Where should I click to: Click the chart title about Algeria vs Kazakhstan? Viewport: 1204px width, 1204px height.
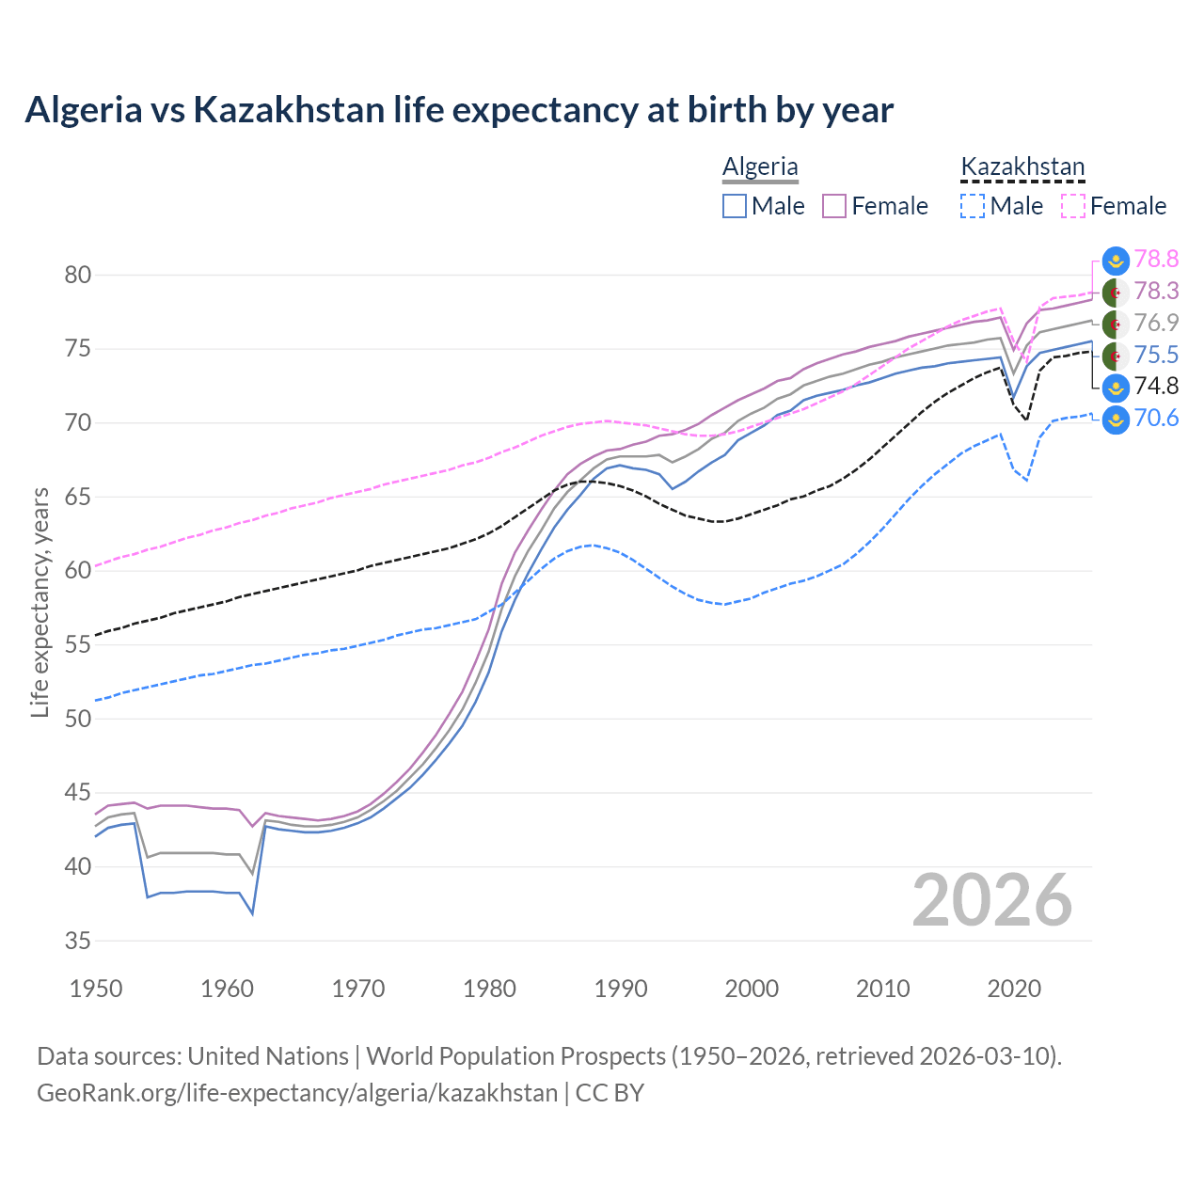click(x=459, y=110)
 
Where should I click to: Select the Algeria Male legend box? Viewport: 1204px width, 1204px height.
click(x=735, y=206)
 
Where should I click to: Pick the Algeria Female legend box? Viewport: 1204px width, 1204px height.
click(x=834, y=206)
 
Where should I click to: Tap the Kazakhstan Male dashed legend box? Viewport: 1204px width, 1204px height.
click(x=973, y=206)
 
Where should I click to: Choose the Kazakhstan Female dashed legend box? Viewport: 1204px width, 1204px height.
click(x=1073, y=206)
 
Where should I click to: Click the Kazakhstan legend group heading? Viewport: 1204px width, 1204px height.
click(x=1022, y=167)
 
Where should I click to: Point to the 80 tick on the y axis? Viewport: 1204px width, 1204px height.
click(x=78, y=276)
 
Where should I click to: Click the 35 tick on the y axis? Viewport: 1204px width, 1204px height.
click(x=78, y=941)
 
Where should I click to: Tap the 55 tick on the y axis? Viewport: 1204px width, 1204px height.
click(x=78, y=645)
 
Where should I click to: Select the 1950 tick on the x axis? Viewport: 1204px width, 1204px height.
click(x=96, y=989)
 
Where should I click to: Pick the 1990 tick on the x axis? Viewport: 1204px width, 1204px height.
click(x=621, y=989)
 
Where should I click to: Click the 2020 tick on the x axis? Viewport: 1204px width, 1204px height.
click(x=1014, y=989)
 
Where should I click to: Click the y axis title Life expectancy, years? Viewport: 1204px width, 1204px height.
click(x=40, y=602)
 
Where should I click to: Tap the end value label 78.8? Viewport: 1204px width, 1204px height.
click(x=1156, y=259)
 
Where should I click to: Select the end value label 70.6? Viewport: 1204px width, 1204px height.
click(x=1156, y=419)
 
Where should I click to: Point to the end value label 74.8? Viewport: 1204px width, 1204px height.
click(x=1156, y=387)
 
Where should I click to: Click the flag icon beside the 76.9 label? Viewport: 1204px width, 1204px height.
click(x=1116, y=324)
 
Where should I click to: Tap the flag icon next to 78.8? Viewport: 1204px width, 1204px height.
click(x=1116, y=260)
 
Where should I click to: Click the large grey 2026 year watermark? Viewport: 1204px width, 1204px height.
click(x=992, y=901)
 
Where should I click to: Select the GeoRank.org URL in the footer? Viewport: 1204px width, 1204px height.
click(x=297, y=1093)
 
